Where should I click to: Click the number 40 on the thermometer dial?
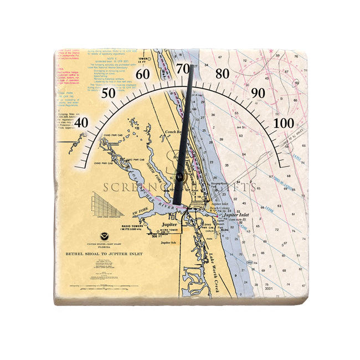(81, 122)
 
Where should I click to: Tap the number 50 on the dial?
(109, 93)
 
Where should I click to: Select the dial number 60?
(143, 75)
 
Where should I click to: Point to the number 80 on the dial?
(223, 74)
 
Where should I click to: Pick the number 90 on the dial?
(258, 93)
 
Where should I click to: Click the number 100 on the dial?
(285, 122)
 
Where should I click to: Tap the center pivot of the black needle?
(180, 177)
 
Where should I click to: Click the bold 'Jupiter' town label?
(169, 224)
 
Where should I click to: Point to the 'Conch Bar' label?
(174, 132)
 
